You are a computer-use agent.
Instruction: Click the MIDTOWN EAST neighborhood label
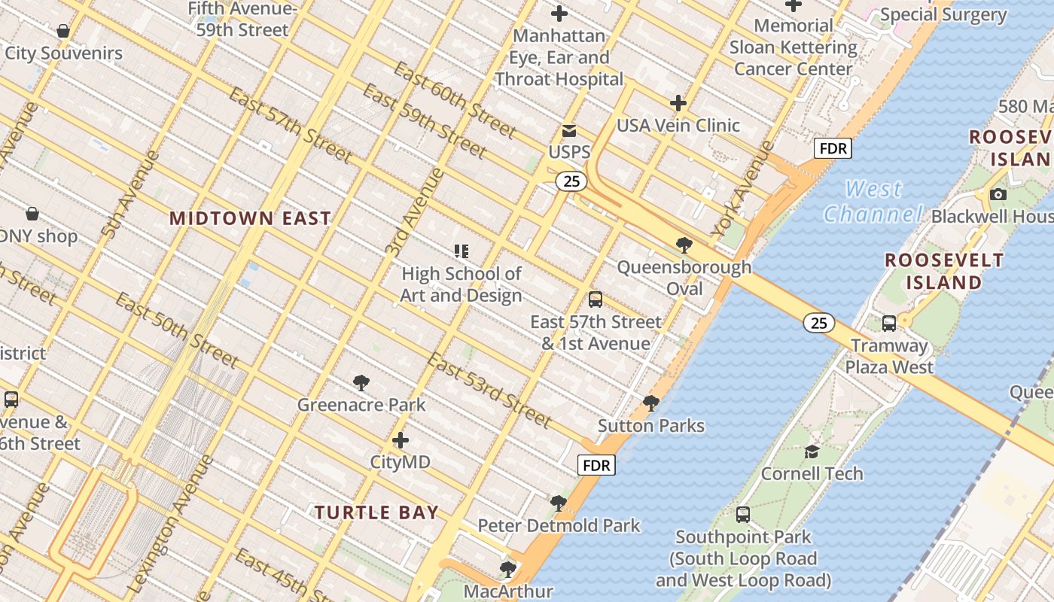(250, 218)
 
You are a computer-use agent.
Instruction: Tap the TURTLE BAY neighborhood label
(376, 512)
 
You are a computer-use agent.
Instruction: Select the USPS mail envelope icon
(569, 131)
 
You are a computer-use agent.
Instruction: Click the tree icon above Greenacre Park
(361, 383)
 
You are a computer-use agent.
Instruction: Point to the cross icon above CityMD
(401, 439)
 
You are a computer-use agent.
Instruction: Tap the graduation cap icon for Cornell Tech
(812, 451)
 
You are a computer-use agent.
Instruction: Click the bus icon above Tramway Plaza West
(889, 324)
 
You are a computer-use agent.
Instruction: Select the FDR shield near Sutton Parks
(596, 465)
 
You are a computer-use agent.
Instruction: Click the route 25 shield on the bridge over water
(818, 323)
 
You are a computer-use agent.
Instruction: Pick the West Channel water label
(873, 202)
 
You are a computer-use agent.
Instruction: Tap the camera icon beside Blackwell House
(998, 195)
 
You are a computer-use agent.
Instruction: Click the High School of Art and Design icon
(462, 251)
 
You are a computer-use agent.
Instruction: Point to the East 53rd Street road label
(489, 389)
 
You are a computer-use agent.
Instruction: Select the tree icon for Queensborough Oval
(684, 245)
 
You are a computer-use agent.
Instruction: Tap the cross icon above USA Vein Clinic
(678, 103)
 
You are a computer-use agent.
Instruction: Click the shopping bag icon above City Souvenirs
(63, 31)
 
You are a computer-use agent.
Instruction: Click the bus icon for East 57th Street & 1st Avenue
(596, 299)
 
